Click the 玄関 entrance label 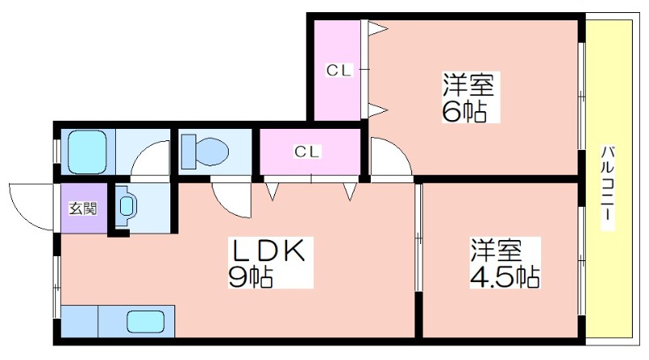tap(83, 208)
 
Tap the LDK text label tap(270, 250)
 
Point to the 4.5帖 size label tap(505, 276)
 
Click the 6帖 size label tap(464, 110)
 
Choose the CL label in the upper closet tap(338, 70)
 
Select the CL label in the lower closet tap(307, 152)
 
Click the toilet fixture tap(205, 151)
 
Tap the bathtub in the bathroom tap(88, 152)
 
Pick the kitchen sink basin tap(146, 322)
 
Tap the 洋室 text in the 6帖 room tap(469, 84)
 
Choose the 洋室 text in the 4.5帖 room tap(496, 250)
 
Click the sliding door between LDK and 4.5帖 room tap(419, 237)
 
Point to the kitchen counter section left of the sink tap(80, 322)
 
